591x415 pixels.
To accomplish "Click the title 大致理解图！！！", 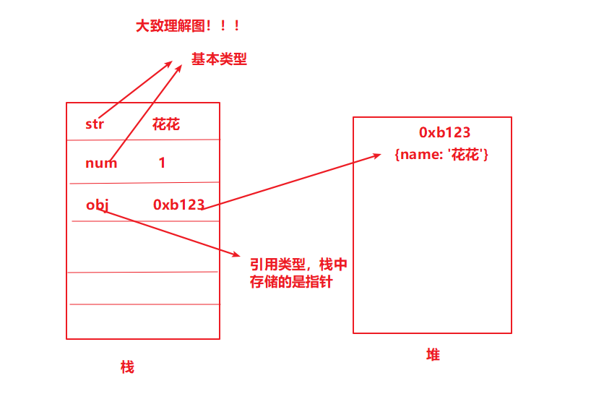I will tap(188, 26).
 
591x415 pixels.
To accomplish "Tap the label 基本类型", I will tap(219, 59).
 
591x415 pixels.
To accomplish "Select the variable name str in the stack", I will tap(95, 124).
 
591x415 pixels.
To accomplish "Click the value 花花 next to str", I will tap(166, 124).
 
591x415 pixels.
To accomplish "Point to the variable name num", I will tap(101, 163).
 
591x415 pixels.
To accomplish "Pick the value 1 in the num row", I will tap(162, 163).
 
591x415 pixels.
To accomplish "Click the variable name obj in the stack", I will tap(98, 205).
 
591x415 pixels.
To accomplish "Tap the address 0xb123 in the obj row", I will tap(178, 205).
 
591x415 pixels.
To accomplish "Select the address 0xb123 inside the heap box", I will tap(444, 132).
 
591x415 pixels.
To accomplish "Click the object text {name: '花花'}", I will tap(441, 154).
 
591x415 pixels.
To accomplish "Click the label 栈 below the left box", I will tap(127, 367).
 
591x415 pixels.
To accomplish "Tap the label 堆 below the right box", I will tap(433, 354).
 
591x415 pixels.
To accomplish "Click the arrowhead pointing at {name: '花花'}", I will tap(377, 154).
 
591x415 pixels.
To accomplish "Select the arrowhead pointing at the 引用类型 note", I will tap(235, 254).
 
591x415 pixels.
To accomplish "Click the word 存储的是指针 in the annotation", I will tap(291, 282).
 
